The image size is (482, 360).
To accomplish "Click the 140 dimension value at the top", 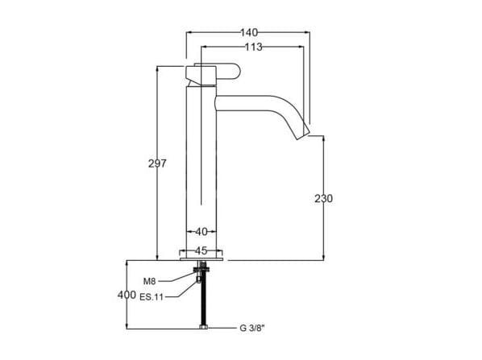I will [x=248, y=32].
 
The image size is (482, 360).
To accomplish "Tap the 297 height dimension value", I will [x=157, y=163].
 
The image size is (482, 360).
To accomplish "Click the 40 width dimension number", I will [x=202, y=232].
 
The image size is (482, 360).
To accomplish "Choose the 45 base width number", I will [x=202, y=250].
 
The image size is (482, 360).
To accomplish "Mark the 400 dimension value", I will [x=127, y=295].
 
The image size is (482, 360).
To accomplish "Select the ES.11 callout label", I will [x=153, y=296].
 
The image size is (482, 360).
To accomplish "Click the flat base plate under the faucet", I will [x=203, y=259].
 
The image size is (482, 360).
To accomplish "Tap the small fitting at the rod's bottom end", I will [x=203, y=326].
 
